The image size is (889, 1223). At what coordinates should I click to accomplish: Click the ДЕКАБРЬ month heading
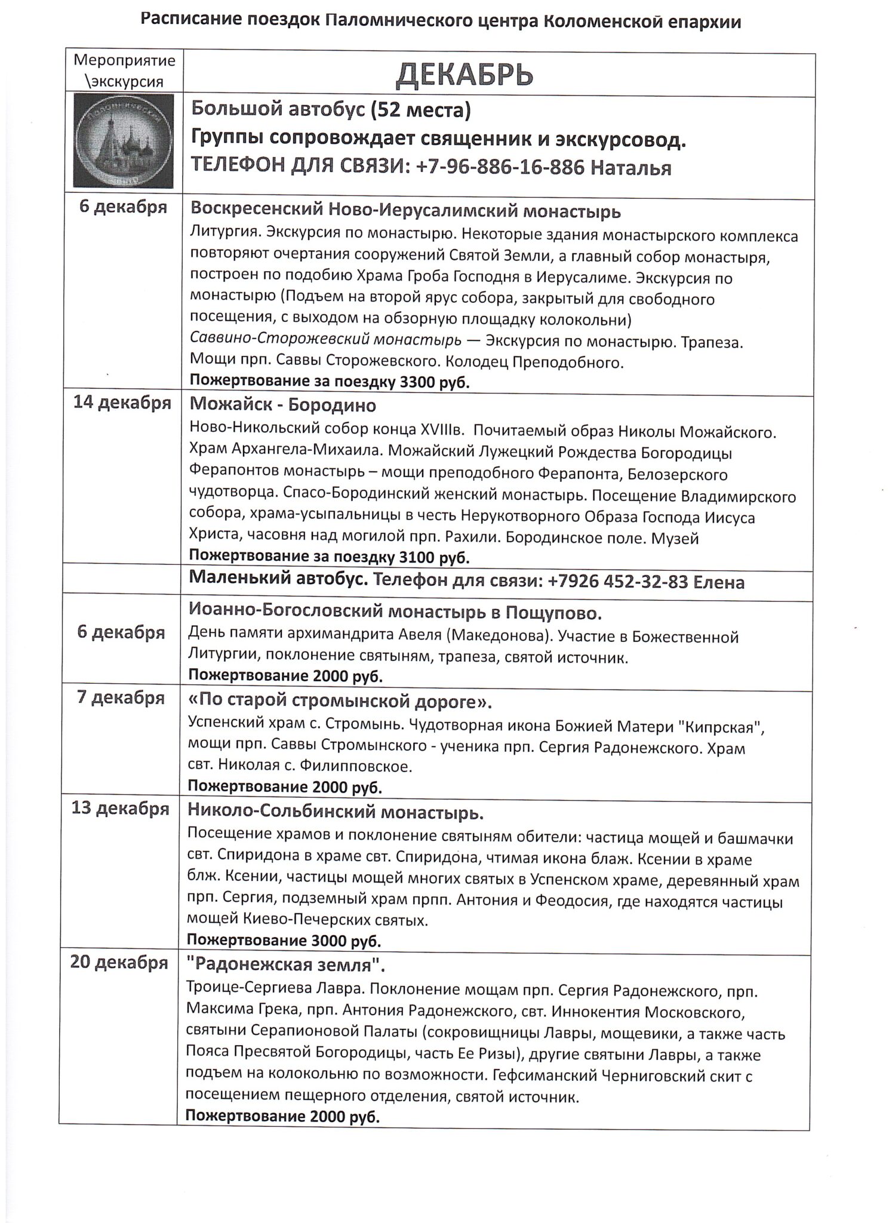[464, 75]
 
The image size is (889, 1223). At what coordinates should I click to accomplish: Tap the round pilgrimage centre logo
[124, 140]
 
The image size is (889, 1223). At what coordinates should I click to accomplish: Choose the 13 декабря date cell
[121, 809]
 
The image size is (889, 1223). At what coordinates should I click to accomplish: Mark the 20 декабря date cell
[119, 963]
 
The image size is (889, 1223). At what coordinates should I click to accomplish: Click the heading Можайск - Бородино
[283, 405]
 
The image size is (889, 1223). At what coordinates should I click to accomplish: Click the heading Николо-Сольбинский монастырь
[336, 812]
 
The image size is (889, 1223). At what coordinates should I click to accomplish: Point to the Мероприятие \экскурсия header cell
[124, 70]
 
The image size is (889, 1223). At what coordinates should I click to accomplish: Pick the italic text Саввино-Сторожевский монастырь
[325, 341]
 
